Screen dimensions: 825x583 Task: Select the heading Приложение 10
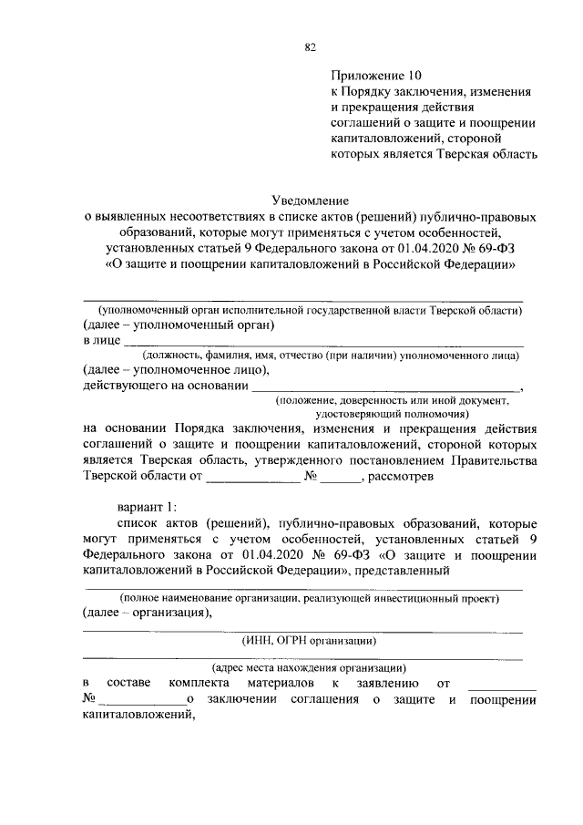376,77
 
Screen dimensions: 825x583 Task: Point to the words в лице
100,340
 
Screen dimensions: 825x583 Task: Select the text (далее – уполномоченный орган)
179,325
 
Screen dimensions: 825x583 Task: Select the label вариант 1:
144,507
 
